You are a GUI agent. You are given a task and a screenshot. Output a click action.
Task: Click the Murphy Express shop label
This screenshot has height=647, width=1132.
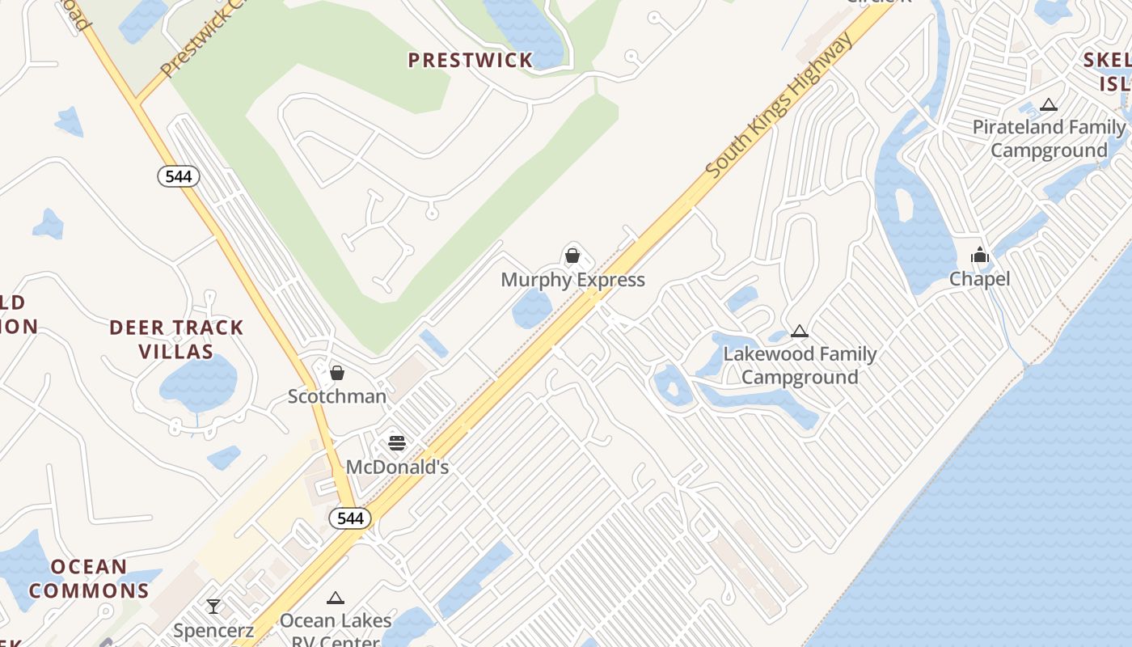pos(572,280)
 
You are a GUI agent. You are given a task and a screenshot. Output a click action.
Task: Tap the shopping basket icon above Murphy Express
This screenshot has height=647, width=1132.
pos(572,256)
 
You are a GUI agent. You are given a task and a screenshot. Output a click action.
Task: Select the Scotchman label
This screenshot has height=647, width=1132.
pos(337,396)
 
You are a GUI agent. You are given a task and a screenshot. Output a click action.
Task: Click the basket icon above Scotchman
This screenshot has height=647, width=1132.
pos(337,373)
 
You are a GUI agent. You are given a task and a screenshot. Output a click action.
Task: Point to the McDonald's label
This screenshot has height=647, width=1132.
pos(397,467)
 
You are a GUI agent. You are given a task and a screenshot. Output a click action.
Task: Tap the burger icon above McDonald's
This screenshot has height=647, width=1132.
pos(396,443)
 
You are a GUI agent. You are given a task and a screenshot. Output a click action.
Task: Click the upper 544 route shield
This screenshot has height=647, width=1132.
pos(178,175)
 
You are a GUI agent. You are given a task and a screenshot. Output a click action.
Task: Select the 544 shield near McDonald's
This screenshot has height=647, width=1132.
pos(350,518)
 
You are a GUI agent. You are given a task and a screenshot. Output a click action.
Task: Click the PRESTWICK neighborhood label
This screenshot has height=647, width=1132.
pos(471,60)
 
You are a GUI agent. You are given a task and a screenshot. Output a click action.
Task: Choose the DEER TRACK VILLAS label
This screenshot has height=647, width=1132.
pos(176,339)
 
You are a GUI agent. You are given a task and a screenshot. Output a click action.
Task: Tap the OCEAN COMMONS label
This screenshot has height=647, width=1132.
pos(89,577)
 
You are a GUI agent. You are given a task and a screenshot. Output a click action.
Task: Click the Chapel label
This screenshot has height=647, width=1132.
pos(979,279)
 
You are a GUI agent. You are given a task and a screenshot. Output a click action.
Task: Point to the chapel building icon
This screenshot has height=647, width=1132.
pos(980,256)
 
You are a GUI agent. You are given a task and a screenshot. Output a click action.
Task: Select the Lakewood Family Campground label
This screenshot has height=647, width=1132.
pos(800,366)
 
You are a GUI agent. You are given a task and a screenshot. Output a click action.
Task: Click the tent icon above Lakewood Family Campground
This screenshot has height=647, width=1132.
pos(800,331)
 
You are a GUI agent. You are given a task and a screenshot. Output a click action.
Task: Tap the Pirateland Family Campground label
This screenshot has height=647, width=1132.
pos(1049,138)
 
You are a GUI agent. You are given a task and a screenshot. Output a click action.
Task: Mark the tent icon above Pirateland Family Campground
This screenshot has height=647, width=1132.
pos(1049,104)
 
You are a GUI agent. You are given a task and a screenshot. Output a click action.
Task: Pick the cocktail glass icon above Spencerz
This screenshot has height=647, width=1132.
pos(213,607)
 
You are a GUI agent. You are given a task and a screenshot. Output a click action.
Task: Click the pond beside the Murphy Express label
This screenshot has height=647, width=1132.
pos(532,308)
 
